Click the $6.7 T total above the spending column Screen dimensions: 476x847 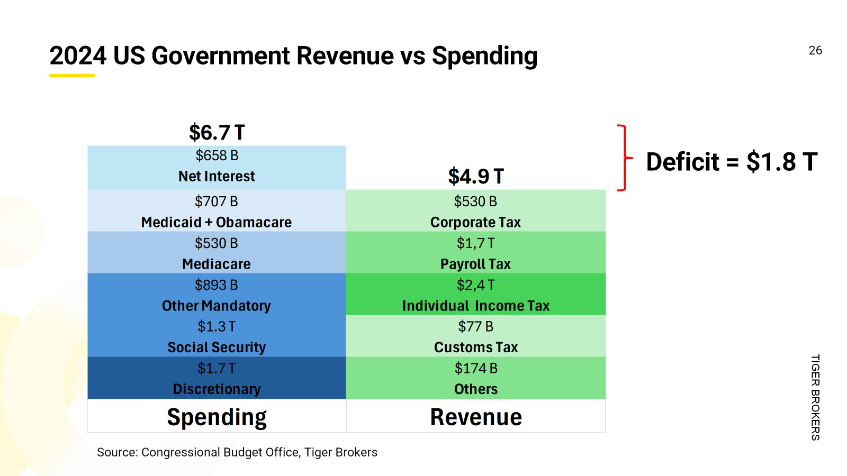tap(217, 132)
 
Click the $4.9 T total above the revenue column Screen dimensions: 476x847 tap(476, 176)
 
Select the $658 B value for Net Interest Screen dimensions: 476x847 tap(217, 155)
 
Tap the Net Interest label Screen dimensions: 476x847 tap(217, 176)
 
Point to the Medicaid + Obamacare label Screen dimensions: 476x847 tap(217, 222)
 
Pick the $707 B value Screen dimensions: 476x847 tap(217, 202)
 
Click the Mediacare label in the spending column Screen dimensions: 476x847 tap(217, 264)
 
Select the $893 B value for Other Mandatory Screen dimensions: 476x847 tap(217, 285)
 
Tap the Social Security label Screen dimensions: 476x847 tap(217, 347)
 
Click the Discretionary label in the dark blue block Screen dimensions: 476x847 tap(217, 389)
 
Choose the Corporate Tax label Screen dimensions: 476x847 tap(476, 222)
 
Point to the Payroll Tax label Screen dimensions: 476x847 tap(476, 264)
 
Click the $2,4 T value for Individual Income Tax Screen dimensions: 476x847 tap(476, 285)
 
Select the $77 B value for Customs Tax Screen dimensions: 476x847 tap(476, 327)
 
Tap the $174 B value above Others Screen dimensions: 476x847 tap(476, 368)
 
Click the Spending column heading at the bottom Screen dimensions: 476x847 tap(217, 417)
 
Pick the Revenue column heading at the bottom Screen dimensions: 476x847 tap(476, 417)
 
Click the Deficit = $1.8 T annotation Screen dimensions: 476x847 tap(732, 162)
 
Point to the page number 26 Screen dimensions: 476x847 tap(815, 51)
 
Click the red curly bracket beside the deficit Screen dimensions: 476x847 tap(625, 158)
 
